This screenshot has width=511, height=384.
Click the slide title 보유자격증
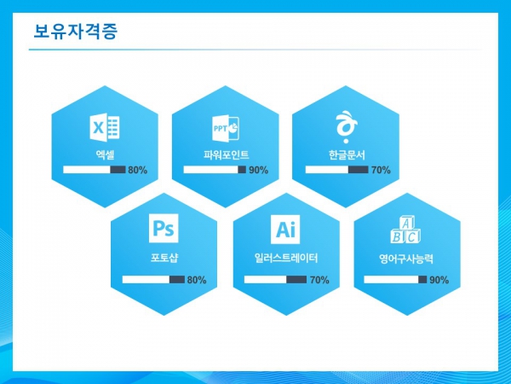coord(75,32)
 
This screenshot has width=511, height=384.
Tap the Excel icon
coord(105,127)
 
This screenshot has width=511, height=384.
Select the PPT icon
coord(226,128)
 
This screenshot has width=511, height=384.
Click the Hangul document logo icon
coord(347,127)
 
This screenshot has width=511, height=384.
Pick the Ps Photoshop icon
coord(164,228)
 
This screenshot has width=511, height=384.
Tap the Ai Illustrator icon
coord(285,230)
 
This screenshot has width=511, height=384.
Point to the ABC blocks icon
coord(405,230)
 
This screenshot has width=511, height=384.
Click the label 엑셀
coord(105,154)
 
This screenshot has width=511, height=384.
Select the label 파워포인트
coord(227,154)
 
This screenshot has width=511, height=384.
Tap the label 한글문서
coord(347,154)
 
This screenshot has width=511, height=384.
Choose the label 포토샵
coord(164,258)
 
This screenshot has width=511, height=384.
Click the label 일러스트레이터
coord(286,259)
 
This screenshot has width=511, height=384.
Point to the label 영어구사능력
coord(405,259)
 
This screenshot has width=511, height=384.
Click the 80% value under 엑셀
coord(137,170)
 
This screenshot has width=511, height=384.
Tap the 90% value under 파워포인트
coord(259,170)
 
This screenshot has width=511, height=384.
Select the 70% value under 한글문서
coord(381,170)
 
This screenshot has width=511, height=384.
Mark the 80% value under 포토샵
coord(197,280)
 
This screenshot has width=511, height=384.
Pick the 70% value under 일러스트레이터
coord(319,280)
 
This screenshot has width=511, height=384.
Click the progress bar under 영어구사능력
coord(395,280)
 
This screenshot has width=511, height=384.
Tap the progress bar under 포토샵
coord(153,280)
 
